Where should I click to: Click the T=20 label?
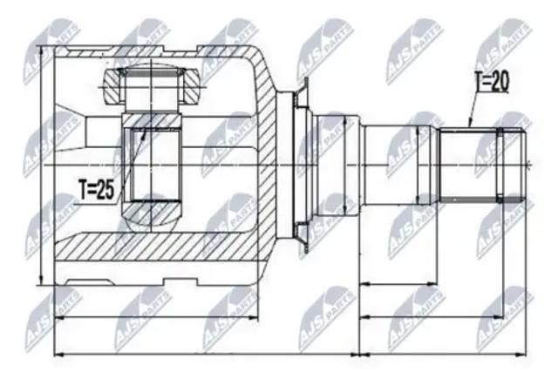tap(492, 81)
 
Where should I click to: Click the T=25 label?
tap(97, 189)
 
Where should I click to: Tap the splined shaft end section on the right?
tap(482, 165)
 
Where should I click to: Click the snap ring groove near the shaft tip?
tap(500, 165)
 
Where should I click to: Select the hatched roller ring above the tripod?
tap(152, 85)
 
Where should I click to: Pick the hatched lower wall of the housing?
tap(157, 246)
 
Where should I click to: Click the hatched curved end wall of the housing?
tap(265, 149)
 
